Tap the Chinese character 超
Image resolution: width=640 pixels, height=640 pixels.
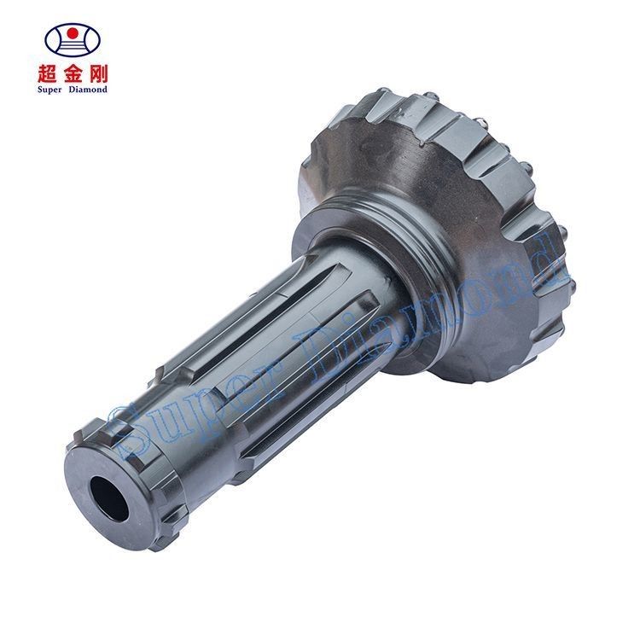48,73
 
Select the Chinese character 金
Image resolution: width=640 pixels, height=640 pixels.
73,73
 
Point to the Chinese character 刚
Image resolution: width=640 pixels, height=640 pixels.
98,73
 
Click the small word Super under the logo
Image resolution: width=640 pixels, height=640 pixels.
49,90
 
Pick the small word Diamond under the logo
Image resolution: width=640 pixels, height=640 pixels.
88,90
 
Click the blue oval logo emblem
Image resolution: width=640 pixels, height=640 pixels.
73,39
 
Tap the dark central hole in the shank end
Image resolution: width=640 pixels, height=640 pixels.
109,498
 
